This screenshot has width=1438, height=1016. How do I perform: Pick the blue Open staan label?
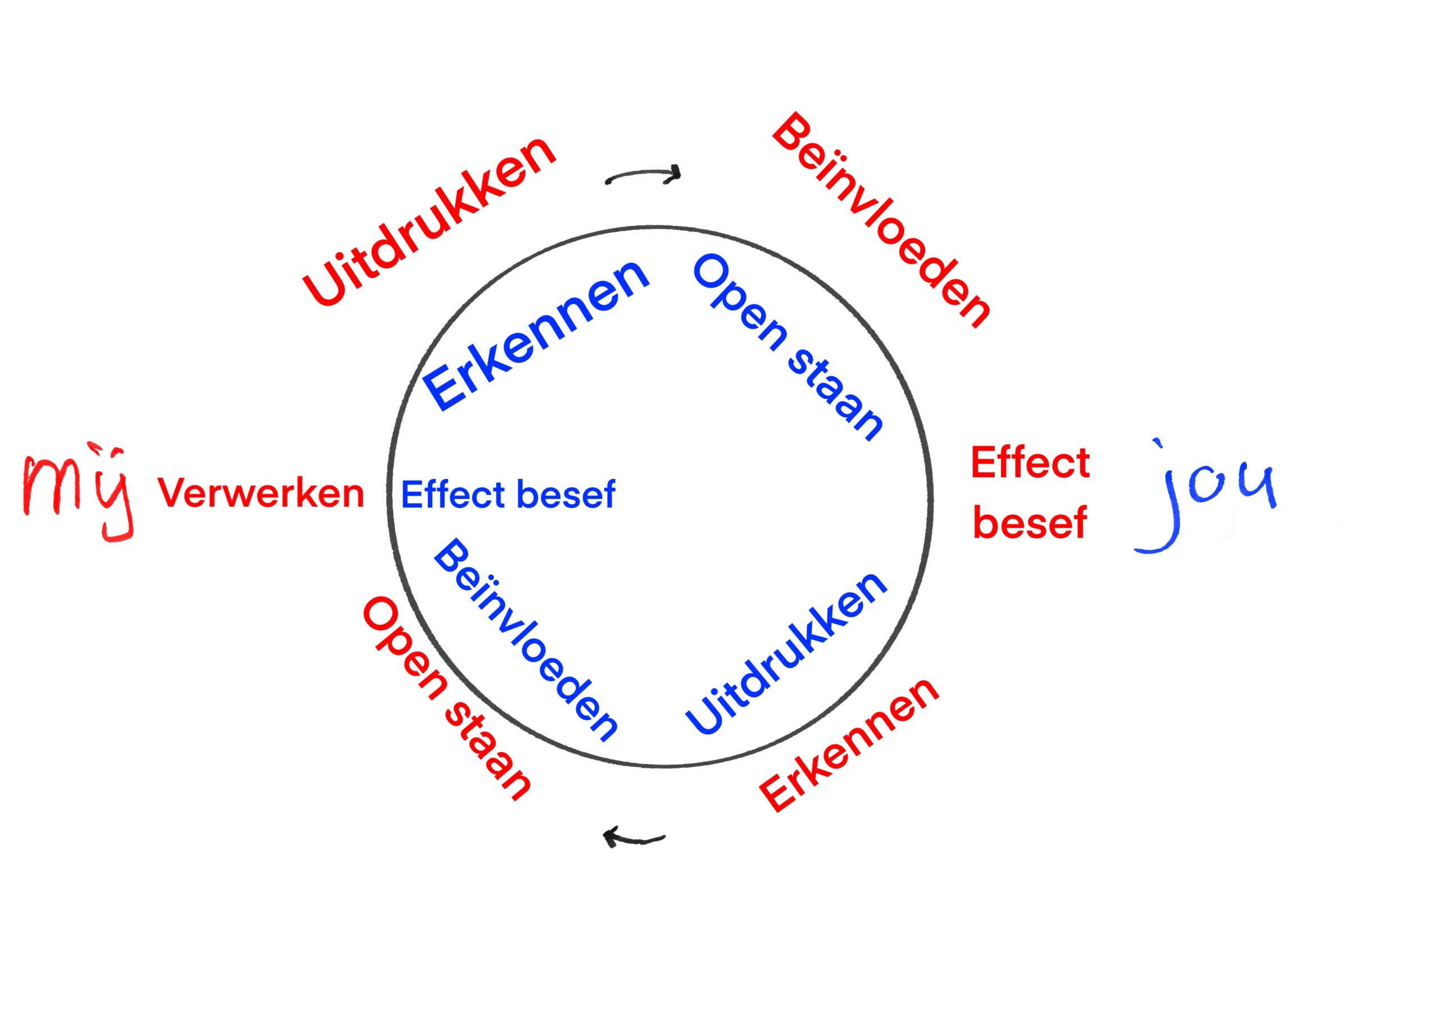tap(789, 348)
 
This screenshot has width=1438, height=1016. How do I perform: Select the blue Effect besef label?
tap(508, 495)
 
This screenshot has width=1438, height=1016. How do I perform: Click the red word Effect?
tap(1030, 463)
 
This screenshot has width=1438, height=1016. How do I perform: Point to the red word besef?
tap(1030, 523)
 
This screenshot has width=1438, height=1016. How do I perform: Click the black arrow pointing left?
tap(632, 837)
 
